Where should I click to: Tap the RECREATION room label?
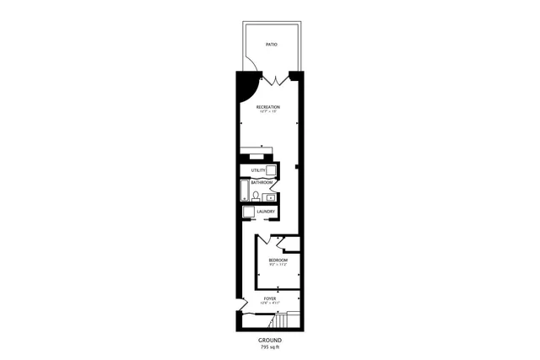pos(269,107)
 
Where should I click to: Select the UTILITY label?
pos(257,171)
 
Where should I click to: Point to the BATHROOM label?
pos(262,183)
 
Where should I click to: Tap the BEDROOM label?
pos(278,261)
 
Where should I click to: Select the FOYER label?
pos(270,298)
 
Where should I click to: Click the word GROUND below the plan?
pos(270,340)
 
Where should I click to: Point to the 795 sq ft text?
pos(270,347)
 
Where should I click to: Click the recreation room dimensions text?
pos(269,112)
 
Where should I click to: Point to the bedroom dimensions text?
pos(278,266)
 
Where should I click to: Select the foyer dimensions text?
pos(270,304)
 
